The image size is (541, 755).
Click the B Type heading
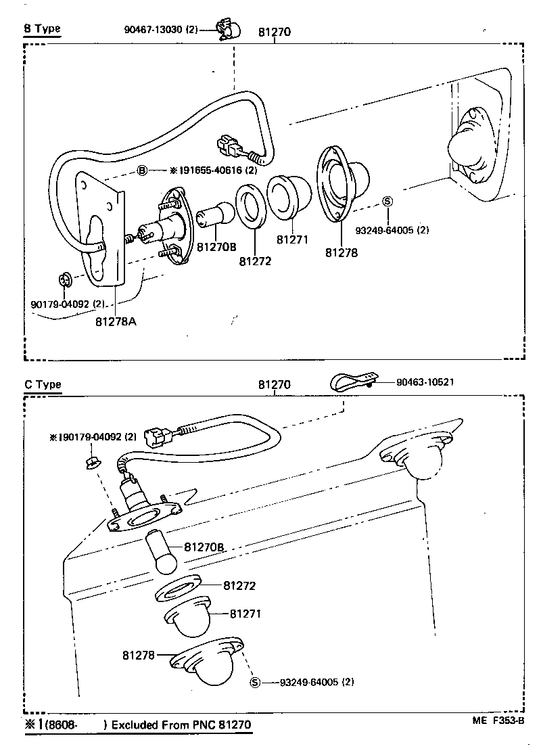(x=42, y=28)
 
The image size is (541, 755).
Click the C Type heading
(x=43, y=384)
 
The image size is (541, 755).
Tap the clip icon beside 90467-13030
(x=229, y=28)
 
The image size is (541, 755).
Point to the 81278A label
(x=116, y=321)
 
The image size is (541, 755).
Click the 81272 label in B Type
(x=254, y=260)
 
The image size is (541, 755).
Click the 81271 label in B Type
(x=292, y=239)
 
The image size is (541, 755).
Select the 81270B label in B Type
(x=216, y=248)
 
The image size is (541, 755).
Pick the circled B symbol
(x=142, y=170)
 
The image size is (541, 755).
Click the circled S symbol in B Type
(x=387, y=201)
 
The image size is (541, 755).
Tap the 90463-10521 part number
(x=425, y=382)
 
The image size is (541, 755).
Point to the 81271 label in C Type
(x=245, y=614)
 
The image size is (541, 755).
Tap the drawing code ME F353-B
(x=498, y=720)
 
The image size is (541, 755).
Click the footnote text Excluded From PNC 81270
(x=181, y=725)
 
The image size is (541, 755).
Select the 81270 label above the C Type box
(x=275, y=385)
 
